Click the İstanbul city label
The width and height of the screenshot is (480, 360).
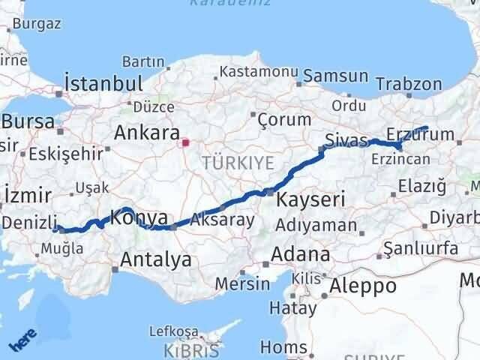click(x=103, y=83)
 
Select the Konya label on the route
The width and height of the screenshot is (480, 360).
click(x=139, y=218)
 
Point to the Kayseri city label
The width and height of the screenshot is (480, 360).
click(x=310, y=199)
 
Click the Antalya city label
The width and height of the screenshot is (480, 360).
click(x=156, y=259)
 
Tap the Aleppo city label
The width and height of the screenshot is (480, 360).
click(x=362, y=285)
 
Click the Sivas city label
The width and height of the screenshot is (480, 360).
click(x=346, y=140)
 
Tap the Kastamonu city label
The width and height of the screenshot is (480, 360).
click(x=256, y=73)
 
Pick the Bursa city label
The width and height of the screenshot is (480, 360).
click(x=28, y=121)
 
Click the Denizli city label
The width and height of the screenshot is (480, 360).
click(x=30, y=223)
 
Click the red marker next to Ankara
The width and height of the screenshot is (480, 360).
click(x=185, y=139)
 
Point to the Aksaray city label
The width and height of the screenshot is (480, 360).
click(x=223, y=220)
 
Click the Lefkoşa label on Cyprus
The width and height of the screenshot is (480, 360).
click(x=173, y=331)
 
